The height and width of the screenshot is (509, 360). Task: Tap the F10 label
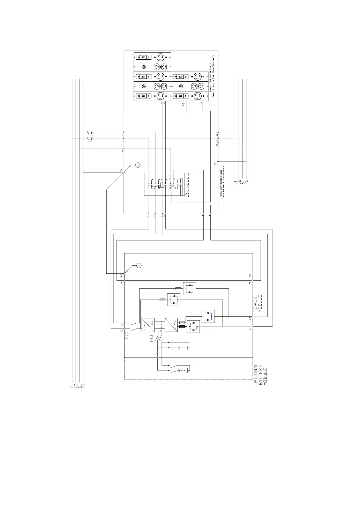[x=152, y=338]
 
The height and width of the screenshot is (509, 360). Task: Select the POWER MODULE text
[x=257, y=304]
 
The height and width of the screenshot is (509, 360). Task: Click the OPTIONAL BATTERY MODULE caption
[x=260, y=374]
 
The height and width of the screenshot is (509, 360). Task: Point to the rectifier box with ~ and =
[x=148, y=325]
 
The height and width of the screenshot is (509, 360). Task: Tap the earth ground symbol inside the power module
[x=138, y=266]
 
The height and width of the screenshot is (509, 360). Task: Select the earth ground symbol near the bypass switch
[x=137, y=164]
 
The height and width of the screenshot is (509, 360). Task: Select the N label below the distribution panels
[x=202, y=103]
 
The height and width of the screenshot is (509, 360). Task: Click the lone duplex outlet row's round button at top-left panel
[x=143, y=67]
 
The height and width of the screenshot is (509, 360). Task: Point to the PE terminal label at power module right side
[x=250, y=275]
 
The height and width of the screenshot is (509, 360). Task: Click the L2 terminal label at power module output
[x=250, y=318]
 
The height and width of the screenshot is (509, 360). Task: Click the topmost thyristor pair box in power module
[x=189, y=289]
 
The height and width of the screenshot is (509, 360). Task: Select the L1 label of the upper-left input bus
[x=72, y=386]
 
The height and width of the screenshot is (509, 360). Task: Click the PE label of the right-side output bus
[x=246, y=182]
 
